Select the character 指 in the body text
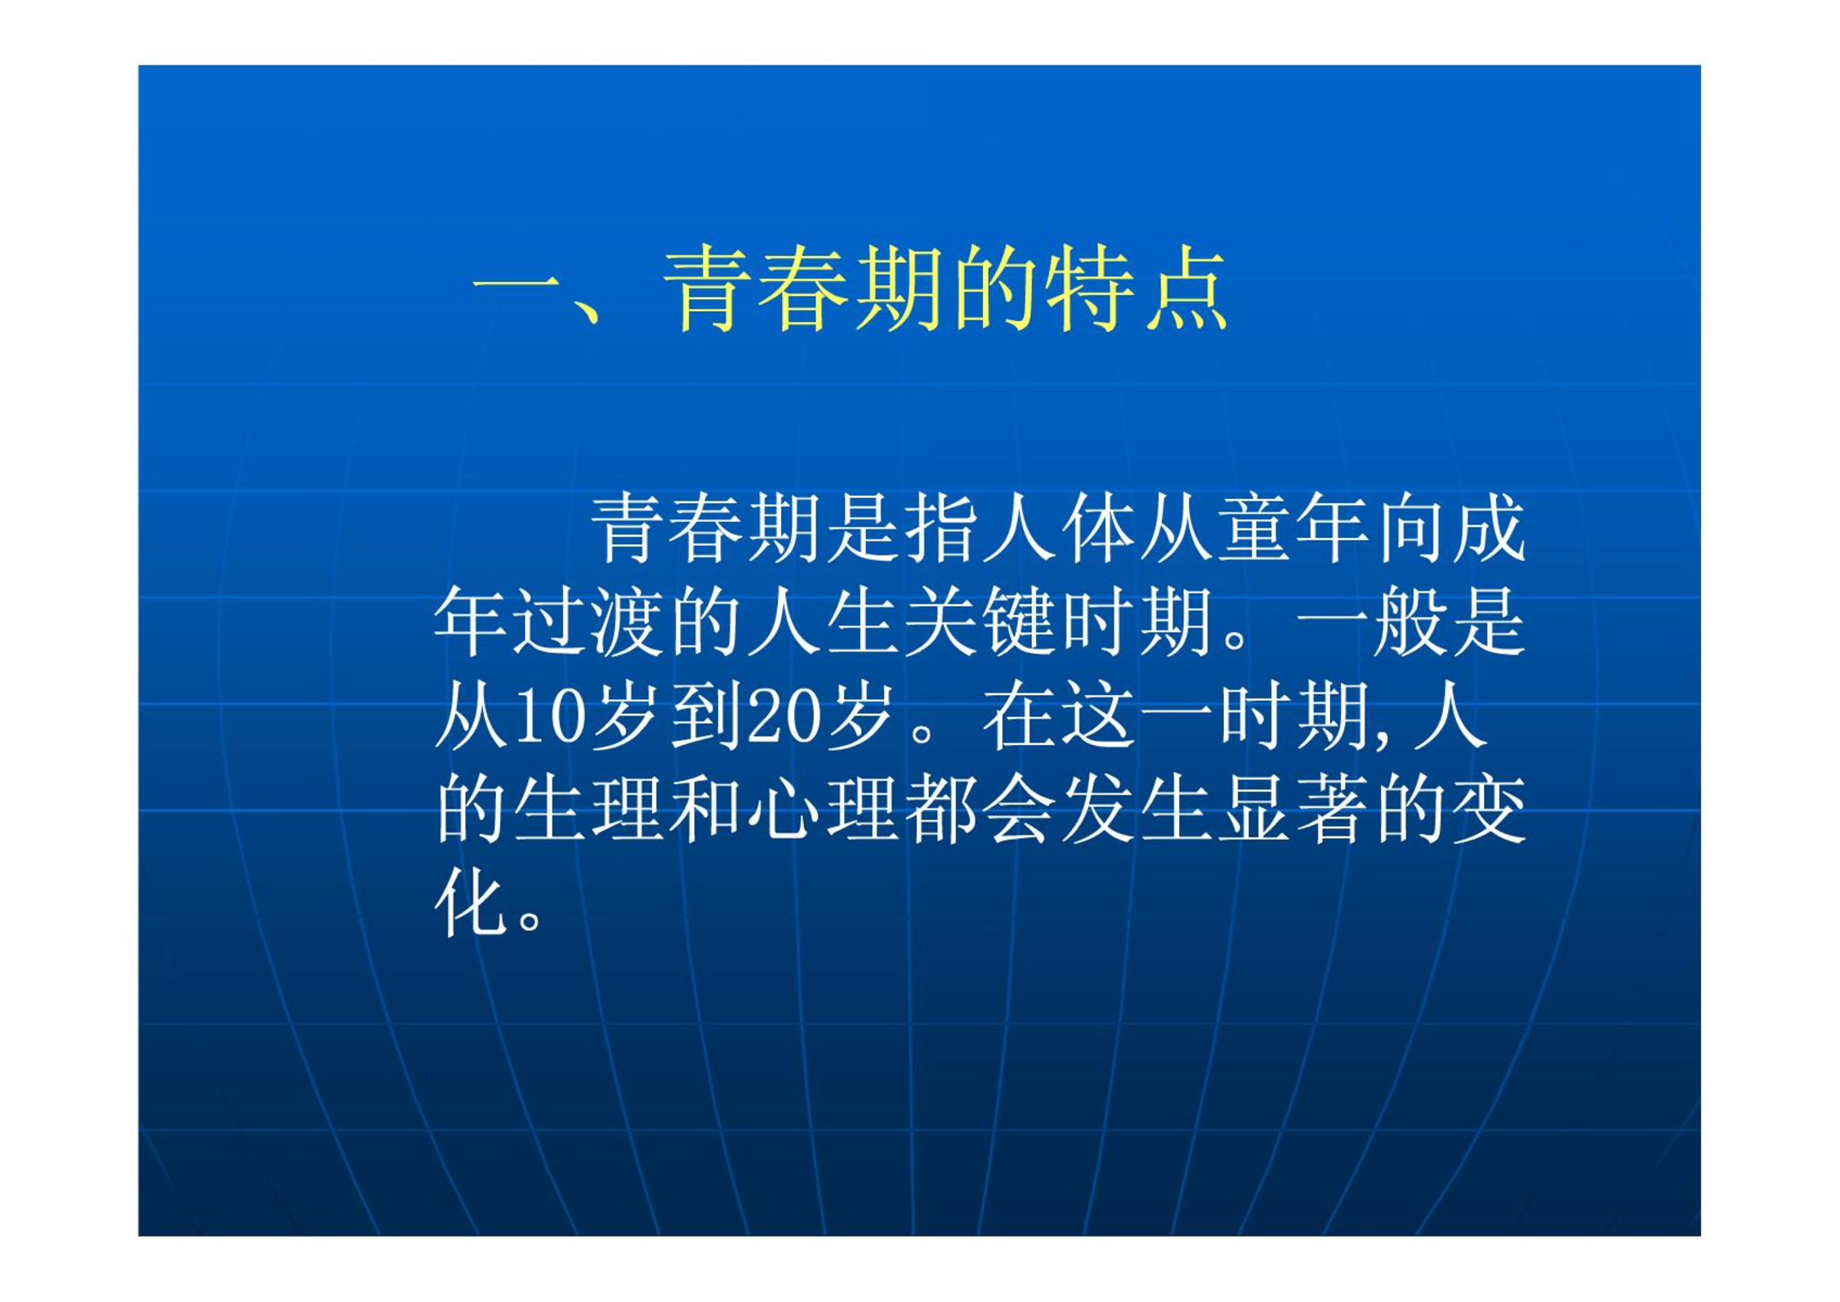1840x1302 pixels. [940, 528]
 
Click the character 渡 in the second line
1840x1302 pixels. [627, 622]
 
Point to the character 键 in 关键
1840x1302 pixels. [1019, 622]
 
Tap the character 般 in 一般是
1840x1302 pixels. [1410, 622]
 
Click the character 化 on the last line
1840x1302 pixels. [471, 903]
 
